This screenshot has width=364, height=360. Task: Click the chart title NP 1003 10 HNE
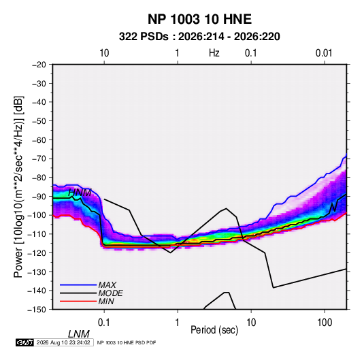coord(199,19)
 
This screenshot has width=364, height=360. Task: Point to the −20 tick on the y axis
coord(39,65)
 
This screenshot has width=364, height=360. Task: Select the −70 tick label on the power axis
coord(39,159)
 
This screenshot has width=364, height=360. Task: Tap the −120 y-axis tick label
coord(37,253)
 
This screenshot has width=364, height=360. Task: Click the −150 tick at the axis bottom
coord(37,310)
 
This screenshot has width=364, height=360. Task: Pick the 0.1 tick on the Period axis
coord(104,323)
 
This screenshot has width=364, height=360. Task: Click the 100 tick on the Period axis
coord(325,323)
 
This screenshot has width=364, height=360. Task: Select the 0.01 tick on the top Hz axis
coord(324,53)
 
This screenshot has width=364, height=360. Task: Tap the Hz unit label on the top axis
coord(214,53)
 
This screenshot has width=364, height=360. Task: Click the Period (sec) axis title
coord(214,330)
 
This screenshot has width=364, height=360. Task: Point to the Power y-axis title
coord(18,187)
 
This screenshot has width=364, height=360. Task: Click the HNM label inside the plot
coord(80,193)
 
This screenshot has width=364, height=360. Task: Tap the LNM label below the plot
coord(79,334)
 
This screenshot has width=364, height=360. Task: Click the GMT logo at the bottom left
coord(24,342)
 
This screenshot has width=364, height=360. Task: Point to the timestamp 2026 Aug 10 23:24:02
coord(63,342)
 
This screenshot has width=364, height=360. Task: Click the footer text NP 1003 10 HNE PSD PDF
coord(127,342)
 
